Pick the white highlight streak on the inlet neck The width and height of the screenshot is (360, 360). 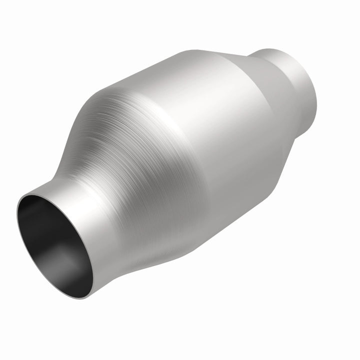click(92, 200)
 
